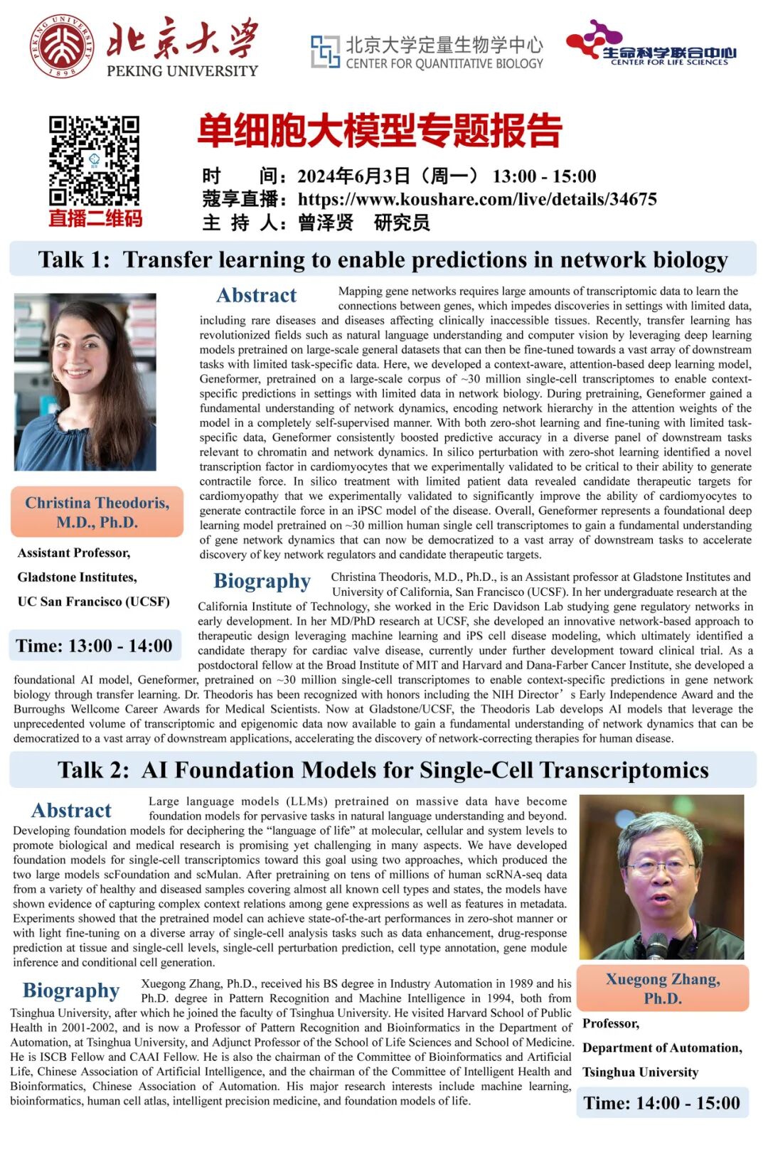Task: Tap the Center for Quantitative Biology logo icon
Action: click(325, 52)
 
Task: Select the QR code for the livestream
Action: click(94, 161)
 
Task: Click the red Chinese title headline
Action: click(380, 131)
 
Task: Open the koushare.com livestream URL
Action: click(476, 199)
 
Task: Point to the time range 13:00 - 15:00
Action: click(544, 176)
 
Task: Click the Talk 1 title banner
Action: click(383, 260)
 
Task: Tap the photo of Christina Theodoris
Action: click(85, 382)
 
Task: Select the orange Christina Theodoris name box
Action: click(97, 512)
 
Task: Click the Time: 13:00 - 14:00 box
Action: click(94, 646)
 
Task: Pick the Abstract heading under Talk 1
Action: click(256, 295)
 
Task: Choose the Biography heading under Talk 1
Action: click(262, 581)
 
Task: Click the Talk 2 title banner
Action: click(383, 770)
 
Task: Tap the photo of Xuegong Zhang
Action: click(661, 877)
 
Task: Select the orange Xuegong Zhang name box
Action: click(663, 988)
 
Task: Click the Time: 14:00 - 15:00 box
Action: click(661, 1103)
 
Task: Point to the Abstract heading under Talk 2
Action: click(71, 811)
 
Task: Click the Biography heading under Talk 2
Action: click(71, 991)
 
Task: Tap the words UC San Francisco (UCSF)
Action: click(94, 602)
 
